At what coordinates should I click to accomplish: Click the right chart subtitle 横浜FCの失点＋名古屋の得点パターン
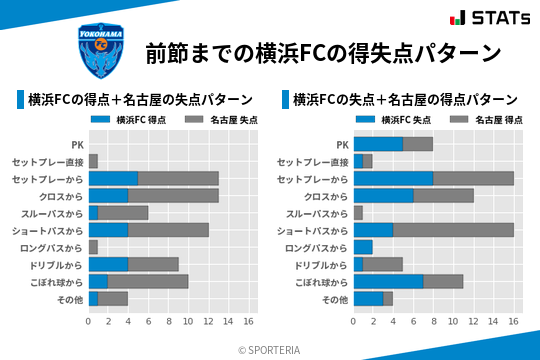point(406,100)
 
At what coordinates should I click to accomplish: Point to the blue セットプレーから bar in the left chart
point(113,178)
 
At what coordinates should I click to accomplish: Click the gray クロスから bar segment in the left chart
point(173,195)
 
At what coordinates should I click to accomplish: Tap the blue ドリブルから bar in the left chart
point(108,264)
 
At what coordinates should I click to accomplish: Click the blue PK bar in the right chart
point(378,144)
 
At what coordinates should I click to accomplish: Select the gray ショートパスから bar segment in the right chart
point(453,230)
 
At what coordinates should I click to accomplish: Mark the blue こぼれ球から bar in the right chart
point(388,281)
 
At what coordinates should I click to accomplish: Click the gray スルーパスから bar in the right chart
point(358,213)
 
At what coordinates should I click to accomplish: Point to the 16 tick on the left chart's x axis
point(248,322)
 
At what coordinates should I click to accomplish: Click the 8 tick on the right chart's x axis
point(433,322)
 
